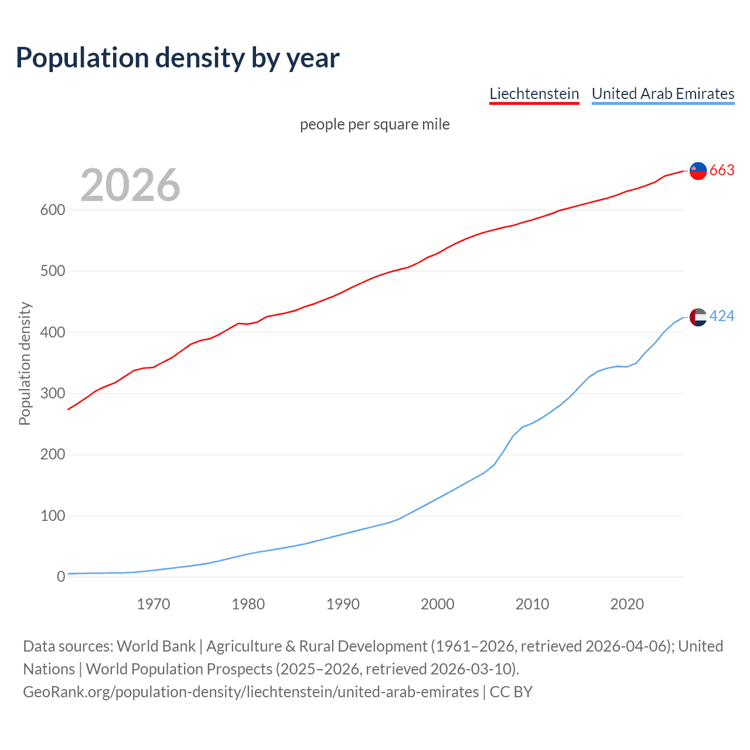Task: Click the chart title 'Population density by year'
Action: coord(178,58)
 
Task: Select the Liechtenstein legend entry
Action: coord(534,94)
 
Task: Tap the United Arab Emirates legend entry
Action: coord(663,94)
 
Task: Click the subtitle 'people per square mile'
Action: coord(374,125)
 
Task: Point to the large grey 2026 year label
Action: coord(130,185)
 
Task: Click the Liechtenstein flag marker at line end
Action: coord(698,171)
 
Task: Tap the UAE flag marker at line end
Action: coord(698,317)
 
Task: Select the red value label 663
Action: coord(722,171)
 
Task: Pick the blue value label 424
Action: coord(722,316)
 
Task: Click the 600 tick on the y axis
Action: coord(52,210)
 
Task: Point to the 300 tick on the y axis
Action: coord(52,394)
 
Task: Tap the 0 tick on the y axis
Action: coord(60,577)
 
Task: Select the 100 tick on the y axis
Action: coord(52,516)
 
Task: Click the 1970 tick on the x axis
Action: coord(154,604)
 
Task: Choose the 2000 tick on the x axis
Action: coord(438,604)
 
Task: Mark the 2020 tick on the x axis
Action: coord(627,604)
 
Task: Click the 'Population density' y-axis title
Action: coord(25,363)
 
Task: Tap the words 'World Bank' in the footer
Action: coord(156,646)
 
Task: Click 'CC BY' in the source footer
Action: coord(511,692)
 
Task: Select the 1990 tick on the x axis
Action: coord(343,604)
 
